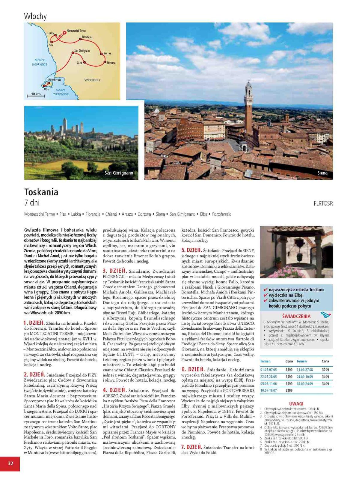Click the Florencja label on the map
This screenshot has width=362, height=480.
tap(87, 37)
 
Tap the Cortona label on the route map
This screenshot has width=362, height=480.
tap(111, 63)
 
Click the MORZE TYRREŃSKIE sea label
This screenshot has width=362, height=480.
tap(61, 92)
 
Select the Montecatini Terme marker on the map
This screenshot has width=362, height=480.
tap(64, 32)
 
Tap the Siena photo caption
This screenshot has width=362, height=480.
tap(322, 173)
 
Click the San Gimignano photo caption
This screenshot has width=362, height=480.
tap(119, 173)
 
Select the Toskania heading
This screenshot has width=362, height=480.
tap(41, 192)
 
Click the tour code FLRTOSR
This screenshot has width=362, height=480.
tap(323, 204)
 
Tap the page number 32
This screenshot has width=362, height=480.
tap(10, 463)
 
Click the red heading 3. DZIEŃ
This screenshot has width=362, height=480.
tap(115, 271)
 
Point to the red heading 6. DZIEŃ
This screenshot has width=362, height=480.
tap(193, 369)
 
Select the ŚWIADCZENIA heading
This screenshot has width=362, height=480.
tap(296, 316)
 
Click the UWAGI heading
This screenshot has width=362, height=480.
tap(296, 403)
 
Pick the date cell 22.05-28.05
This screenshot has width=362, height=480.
tap(269, 377)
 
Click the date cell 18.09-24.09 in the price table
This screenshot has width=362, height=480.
tap(304, 384)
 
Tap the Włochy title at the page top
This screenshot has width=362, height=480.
tap(35, 16)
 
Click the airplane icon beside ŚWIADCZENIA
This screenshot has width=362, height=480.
tap(325, 315)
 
